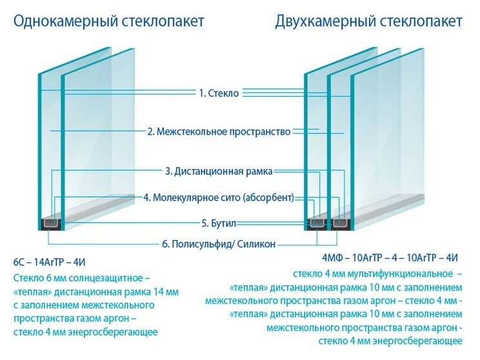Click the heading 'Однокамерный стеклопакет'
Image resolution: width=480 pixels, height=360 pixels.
[108, 21]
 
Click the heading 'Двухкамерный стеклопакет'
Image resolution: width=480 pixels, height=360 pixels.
[368, 21]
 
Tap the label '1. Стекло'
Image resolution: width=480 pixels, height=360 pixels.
[219, 93]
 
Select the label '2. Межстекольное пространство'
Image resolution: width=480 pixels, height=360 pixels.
[219, 132]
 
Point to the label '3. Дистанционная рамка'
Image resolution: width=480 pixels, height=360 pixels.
[219, 172]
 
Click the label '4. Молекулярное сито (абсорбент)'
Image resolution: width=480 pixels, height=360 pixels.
[219, 197]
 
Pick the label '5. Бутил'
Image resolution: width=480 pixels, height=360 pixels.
[219, 223]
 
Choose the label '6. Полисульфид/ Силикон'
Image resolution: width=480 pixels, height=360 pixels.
[219, 244]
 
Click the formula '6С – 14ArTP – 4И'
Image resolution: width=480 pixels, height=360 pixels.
[50, 262]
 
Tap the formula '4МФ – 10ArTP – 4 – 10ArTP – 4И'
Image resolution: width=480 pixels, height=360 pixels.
[391, 257]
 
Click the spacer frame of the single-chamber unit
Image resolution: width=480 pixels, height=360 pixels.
[51, 224]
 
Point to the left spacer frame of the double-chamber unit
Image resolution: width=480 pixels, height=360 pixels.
[317, 223]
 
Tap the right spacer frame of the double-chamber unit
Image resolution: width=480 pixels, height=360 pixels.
[340, 223]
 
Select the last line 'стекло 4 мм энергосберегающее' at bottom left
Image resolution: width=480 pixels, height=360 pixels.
[85, 332]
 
